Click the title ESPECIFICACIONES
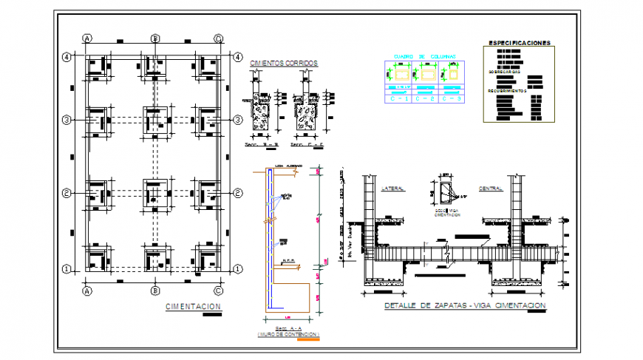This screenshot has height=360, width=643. click(x=518, y=44)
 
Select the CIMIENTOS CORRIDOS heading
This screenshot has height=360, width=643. click(x=284, y=64)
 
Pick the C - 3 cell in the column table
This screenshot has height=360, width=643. click(x=452, y=97)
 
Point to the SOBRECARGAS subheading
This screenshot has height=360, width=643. click(x=505, y=72)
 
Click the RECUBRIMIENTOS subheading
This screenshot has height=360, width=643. click(x=506, y=91)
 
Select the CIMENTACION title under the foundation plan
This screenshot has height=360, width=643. click(x=193, y=306)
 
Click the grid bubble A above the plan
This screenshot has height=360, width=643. click(x=87, y=38)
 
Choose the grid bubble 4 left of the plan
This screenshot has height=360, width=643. click(x=66, y=56)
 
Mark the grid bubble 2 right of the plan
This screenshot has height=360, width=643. click(x=238, y=193)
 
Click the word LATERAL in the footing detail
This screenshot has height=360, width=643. click(x=392, y=189)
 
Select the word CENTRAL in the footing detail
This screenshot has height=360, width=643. click(x=491, y=189)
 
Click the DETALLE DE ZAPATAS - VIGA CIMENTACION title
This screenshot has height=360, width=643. click(x=465, y=305)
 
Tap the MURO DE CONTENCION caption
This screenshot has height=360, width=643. click(x=288, y=334)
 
